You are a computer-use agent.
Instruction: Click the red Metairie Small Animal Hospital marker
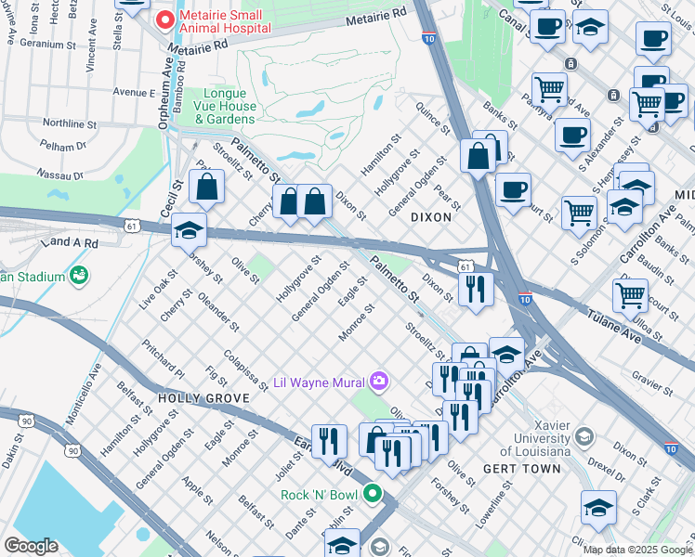[x=165, y=19]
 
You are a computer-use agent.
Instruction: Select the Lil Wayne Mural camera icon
[x=378, y=382]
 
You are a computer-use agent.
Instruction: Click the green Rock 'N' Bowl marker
[x=373, y=493]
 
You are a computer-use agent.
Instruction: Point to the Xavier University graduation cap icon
[x=584, y=436]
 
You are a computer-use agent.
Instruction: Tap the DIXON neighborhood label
[x=430, y=217]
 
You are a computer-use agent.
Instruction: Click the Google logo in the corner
[x=31, y=546]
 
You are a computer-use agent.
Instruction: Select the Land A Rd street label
[x=69, y=242]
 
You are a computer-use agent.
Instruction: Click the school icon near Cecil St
[x=189, y=229]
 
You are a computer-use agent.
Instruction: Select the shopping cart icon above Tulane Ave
[x=630, y=295]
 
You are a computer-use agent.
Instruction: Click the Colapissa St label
[x=246, y=366]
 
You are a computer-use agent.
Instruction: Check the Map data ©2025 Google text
[x=636, y=550]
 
